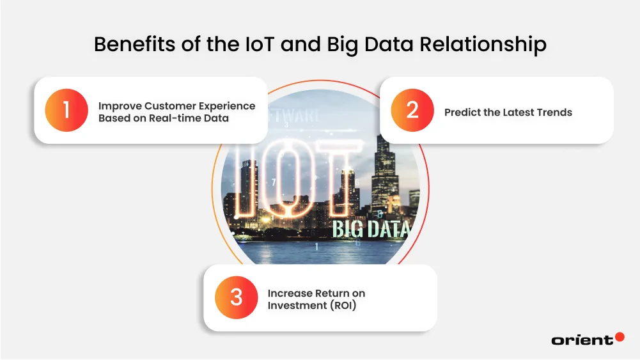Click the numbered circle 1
coord(66,110)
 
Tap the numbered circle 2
coord(412,110)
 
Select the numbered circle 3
coord(237,297)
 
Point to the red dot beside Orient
coord(619,336)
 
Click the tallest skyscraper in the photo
coord(385,166)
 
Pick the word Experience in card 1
coord(230,106)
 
